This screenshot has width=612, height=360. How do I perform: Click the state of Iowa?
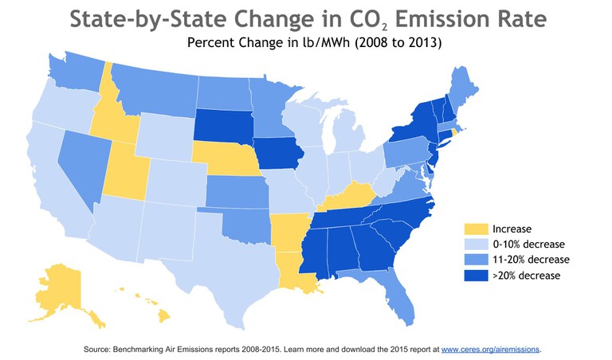click(x=279, y=152)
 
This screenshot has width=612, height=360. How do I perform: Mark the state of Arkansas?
click(x=288, y=230)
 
